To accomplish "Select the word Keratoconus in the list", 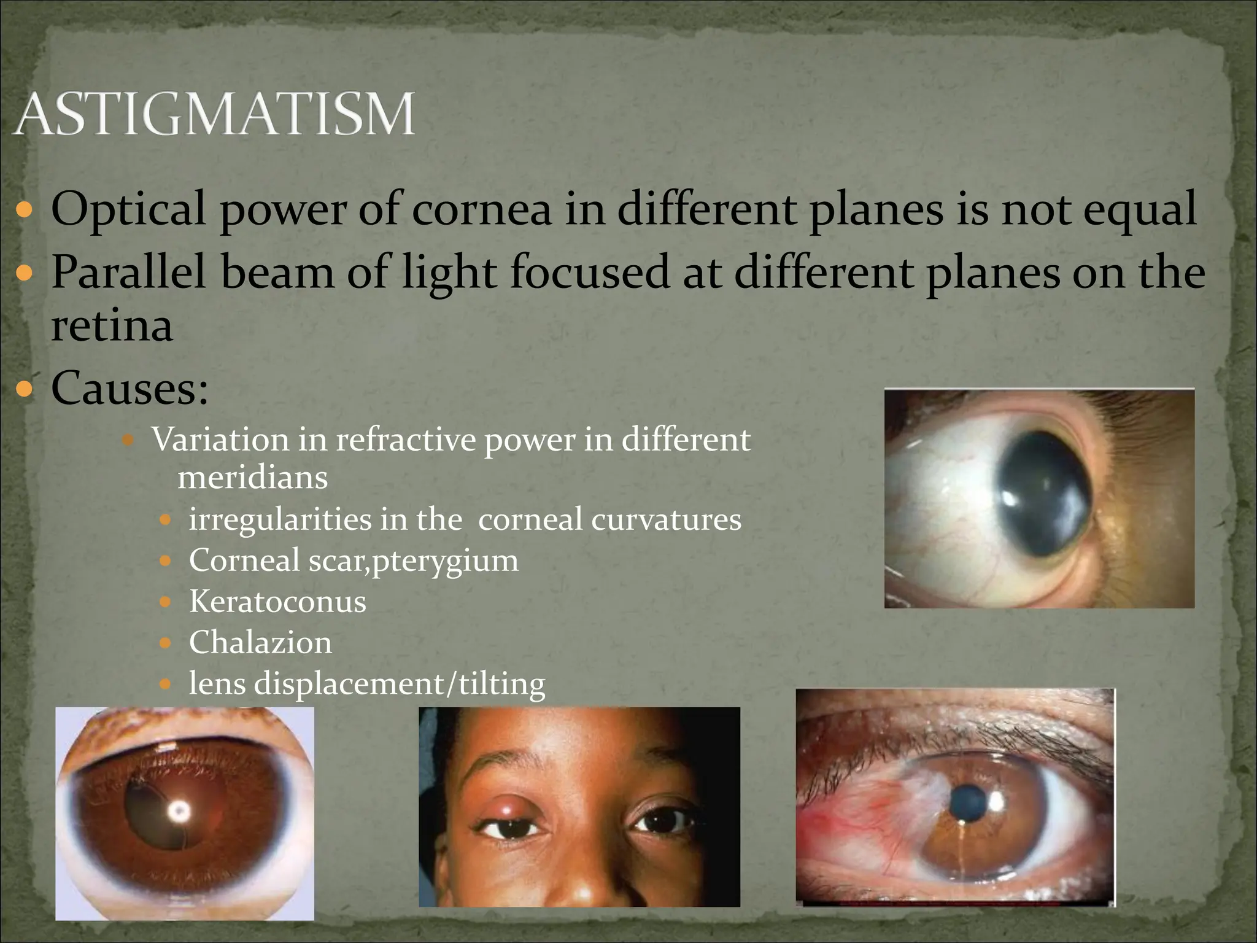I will coord(277,601).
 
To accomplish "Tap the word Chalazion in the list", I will coord(260,642).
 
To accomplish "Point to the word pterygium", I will coord(445,561).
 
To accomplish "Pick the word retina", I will coord(111,325).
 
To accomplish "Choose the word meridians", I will coord(252,478).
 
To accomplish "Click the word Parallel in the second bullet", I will coord(128,272).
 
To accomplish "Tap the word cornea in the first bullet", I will coord(481,209).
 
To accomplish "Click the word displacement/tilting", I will coord(400,684).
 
